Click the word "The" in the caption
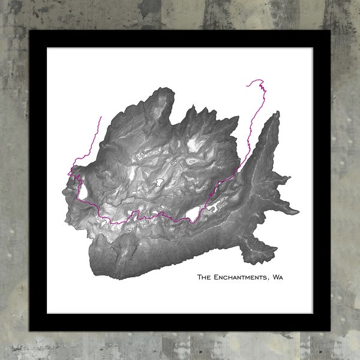tap(205, 277)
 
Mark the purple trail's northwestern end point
tap(101, 117)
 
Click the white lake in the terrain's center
tap(160, 180)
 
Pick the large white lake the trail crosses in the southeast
tap(193, 212)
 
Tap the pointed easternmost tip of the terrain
tap(298, 211)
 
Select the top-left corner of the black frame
tap(30, 30)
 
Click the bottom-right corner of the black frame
tap(329, 330)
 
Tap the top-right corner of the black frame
tap(329, 30)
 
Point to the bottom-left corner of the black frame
tap(30, 330)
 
